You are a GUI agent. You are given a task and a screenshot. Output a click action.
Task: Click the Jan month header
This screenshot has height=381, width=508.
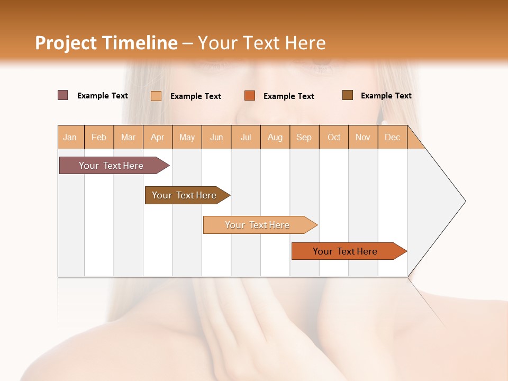click(x=70, y=137)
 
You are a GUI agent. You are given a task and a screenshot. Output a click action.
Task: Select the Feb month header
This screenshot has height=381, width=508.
click(x=99, y=137)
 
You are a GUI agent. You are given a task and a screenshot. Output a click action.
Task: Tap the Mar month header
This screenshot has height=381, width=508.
click(x=128, y=137)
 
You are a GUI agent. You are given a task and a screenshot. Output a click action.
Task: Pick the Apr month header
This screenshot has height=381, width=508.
click(x=158, y=137)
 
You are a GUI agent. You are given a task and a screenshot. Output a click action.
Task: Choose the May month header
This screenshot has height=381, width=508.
click(x=187, y=137)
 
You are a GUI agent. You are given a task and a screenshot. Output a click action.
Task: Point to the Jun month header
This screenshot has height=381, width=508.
click(x=216, y=137)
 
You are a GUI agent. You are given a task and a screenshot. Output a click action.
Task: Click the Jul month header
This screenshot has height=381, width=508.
click(x=246, y=137)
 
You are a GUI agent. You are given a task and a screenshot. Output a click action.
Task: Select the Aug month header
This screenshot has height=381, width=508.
click(x=275, y=137)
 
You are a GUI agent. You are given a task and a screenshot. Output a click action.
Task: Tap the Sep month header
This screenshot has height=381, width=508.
click(x=304, y=137)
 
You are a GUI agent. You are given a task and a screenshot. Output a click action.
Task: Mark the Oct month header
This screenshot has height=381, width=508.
click(x=334, y=137)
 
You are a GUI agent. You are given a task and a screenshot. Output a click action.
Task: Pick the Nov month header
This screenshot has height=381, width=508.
click(x=363, y=137)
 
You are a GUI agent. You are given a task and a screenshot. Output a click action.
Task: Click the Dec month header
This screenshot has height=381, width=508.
click(x=393, y=137)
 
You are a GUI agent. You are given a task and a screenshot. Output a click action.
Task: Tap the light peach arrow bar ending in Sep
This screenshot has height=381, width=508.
click(x=258, y=225)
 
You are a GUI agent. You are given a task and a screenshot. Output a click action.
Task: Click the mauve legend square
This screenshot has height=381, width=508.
click(x=63, y=95)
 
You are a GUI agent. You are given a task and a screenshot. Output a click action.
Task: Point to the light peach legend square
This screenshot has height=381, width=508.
click(x=156, y=96)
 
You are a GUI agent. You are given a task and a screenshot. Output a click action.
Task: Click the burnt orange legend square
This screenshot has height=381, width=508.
click(x=250, y=96)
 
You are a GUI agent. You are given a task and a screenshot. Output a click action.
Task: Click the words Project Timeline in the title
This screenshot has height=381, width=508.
click(x=106, y=43)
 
